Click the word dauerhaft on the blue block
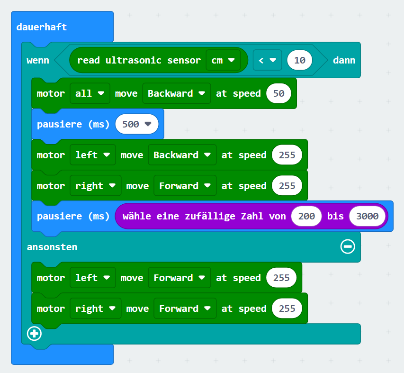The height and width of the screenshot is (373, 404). (x=42, y=27)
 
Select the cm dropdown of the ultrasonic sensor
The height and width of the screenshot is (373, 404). (x=223, y=60)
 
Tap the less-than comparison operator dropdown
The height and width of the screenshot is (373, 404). (x=268, y=60)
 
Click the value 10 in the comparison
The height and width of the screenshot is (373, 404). (x=300, y=60)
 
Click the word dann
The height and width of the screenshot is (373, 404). (x=344, y=60)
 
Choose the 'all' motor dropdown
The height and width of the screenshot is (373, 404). (x=90, y=93)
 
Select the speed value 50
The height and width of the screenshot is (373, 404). (x=279, y=93)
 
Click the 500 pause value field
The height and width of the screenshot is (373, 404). (x=137, y=124)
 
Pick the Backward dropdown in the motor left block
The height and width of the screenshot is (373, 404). (x=182, y=155)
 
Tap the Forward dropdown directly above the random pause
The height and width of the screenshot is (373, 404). (x=185, y=186)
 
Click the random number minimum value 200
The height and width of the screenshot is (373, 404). (x=306, y=216)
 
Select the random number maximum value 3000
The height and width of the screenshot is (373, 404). (x=368, y=216)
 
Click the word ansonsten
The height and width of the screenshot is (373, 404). (x=52, y=247)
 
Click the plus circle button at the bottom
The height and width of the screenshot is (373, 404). (x=34, y=334)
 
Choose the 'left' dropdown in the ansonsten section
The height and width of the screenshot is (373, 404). (x=93, y=278)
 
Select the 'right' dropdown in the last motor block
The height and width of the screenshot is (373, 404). (x=96, y=308)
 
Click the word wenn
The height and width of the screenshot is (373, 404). (x=38, y=60)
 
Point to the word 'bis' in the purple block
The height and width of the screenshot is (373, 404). (x=335, y=216)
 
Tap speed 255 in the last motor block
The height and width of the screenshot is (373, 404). (x=287, y=308)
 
